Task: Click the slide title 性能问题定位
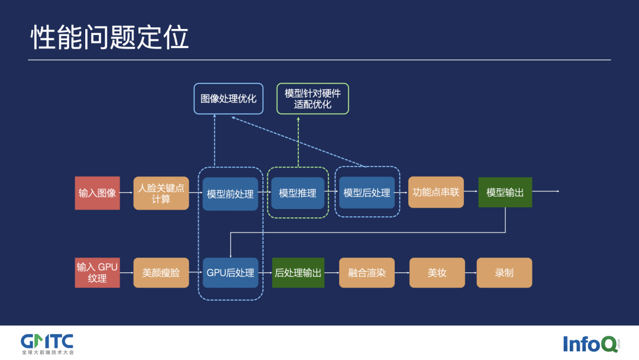(x=109, y=37)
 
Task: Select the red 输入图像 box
(x=97, y=193)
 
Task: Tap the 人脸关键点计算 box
(x=161, y=193)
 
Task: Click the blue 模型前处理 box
(x=230, y=194)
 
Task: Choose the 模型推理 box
(x=298, y=193)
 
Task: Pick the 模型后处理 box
(x=367, y=193)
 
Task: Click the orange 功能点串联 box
(x=435, y=192)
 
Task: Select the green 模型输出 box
(x=505, y=192)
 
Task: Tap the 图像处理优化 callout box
(x=228, y=98)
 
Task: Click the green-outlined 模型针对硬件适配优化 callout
(x=312, y=99)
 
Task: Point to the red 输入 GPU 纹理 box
(x=97, y=273)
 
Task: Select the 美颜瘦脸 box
(x=161, y=273)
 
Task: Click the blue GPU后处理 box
(x=230, y=273)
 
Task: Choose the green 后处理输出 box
(x=298, y=273)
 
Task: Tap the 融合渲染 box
(x=367, y=273)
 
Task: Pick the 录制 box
(x=504, y=273)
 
